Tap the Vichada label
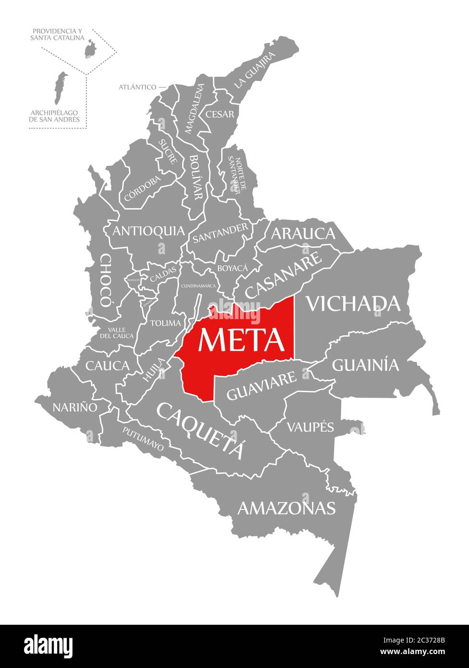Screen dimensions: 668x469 [353, 303]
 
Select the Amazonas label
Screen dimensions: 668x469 [286, 507]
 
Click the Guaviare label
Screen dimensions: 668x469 [261, 386]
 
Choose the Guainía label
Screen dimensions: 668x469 [365, 365]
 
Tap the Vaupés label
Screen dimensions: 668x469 [310, 426]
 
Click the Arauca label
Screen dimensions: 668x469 [303, 234]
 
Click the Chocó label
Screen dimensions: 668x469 [105, 281]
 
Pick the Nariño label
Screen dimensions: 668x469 [75, 407]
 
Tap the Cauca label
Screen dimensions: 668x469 [108, 366]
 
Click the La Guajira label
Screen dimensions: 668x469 [255, 70]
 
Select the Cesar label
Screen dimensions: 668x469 [220, 114]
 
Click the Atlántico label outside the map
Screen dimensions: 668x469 [137, 87]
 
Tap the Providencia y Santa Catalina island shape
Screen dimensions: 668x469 [89, 49]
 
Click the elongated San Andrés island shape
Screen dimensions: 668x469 [60, 88]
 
